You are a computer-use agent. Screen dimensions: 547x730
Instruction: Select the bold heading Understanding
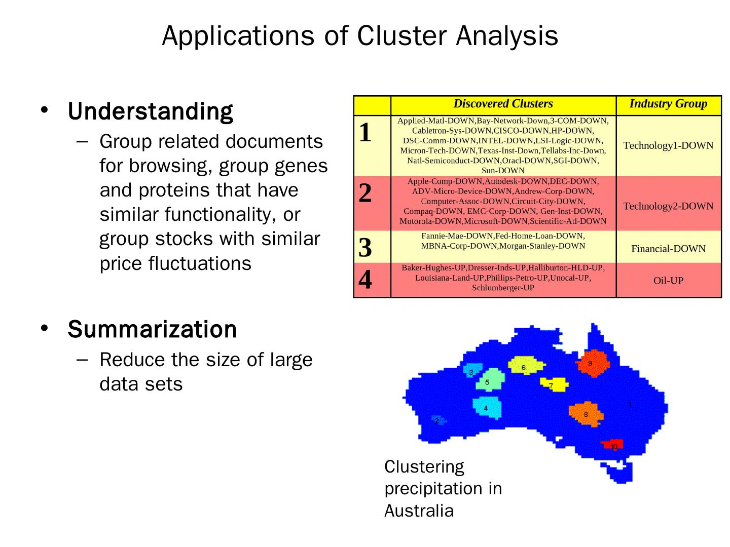pyautogui.click(x=151, y=111)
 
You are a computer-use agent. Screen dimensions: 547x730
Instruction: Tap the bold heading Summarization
pyautogui.click(x=152, y=329)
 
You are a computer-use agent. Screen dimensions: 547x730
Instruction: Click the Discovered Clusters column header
pyautogui.click(x=503, y=104)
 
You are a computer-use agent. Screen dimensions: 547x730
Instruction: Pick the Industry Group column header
pyautogui.click(x=668, y=104)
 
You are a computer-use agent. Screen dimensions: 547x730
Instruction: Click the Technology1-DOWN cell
pyautogui.click(x=668, y=146)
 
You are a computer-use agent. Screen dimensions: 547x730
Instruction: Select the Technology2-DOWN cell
pyautogui.click(x=668, y=206)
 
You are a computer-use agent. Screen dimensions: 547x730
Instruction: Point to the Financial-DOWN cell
pyautogui.click(x=668, y=249)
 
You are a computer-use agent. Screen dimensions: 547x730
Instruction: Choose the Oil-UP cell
pyautogui.click(x=668, y=281)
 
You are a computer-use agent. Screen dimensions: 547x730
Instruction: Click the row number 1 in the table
pyautogui.click(x=366, y=133)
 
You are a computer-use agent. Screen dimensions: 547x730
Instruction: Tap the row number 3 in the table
pyautogui.click(x=366, y=248)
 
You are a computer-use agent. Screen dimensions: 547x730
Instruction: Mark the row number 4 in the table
pyautogui.click(x=366, y=280)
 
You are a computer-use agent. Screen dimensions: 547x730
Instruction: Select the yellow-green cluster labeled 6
pyautogui.click(x=524, y=366)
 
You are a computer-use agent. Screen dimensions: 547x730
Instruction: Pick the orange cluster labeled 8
pyautogui.click(x=586, y=414)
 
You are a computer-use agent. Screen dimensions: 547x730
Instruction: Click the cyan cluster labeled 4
pyautogui.click(x=487, y=407)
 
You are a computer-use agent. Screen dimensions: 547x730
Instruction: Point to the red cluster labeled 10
pyautogui.click(x=612, y=445)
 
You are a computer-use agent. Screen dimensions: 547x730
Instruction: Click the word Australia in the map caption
pyautogui.click(x=419, y=511)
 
